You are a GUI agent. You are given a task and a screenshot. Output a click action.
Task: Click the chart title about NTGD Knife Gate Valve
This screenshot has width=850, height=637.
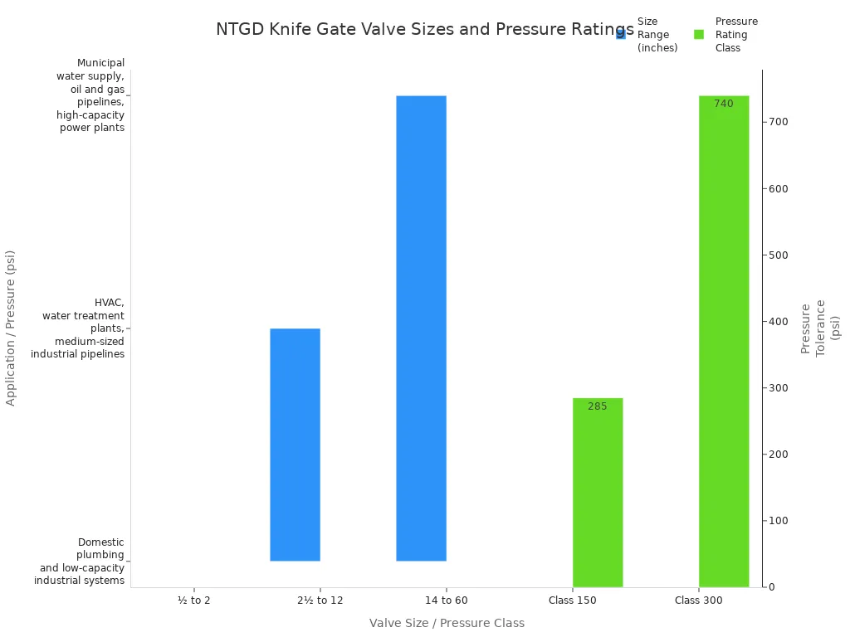(424, 30)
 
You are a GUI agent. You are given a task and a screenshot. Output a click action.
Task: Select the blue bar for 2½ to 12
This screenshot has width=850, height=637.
(295, 445)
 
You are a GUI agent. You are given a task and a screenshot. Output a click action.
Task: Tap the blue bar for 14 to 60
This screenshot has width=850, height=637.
(421, 328)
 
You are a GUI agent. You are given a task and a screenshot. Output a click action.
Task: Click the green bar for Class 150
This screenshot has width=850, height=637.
(598, 493)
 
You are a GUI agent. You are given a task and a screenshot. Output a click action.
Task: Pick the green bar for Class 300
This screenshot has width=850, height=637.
(724, 342)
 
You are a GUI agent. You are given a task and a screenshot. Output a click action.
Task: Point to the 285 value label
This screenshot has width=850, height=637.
(598, 406)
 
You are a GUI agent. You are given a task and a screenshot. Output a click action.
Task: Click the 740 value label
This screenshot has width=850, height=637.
(724, 104)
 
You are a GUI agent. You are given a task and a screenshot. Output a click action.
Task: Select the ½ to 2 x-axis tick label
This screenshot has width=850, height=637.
(194, 600)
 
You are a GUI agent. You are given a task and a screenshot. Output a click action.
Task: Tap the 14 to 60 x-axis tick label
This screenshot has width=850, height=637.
(447, 600)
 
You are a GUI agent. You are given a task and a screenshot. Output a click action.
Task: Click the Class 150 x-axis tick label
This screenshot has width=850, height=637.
(573, 600)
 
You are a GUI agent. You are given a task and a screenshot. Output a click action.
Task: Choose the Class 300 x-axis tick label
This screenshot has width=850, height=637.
(699, 600)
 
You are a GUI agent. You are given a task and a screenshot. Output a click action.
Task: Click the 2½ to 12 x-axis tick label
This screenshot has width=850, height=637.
(320, 600)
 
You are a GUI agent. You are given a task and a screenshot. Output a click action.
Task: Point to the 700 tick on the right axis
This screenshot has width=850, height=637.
(778, 122)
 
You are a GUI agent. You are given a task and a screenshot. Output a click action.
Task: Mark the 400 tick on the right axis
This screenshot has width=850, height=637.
(778, 322)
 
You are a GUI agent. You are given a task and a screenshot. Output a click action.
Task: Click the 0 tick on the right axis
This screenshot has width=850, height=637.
(771, 587)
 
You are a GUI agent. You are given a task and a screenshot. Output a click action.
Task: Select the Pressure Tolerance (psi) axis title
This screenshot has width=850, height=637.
(820, 328)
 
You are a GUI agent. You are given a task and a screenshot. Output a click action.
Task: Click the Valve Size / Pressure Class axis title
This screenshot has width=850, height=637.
(447, 623)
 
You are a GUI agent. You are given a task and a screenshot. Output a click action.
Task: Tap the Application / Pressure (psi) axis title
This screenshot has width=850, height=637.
(11, 328)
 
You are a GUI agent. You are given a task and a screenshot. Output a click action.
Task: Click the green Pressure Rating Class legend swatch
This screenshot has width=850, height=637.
(699, 34)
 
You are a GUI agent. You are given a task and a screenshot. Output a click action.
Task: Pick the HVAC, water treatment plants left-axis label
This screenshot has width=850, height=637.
(79, 328)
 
